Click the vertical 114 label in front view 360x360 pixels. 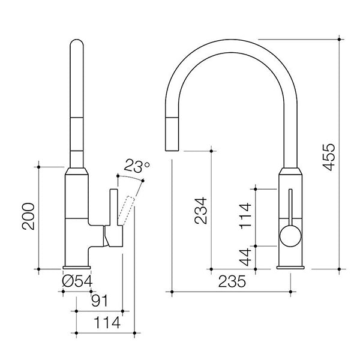245,217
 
